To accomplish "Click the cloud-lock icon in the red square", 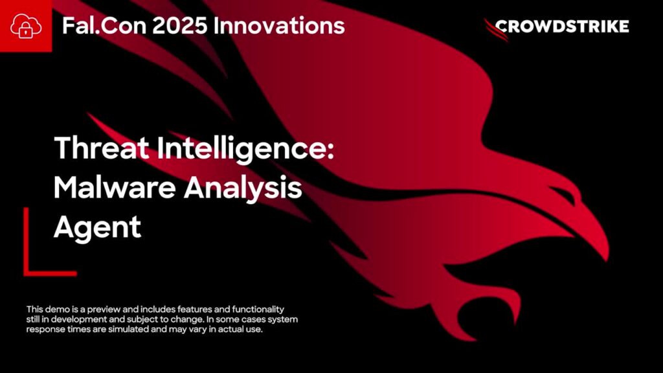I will (x=26, y=26).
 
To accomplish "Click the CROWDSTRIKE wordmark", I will (x=562, y=27).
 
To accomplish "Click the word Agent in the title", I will (x=97, y=228).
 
